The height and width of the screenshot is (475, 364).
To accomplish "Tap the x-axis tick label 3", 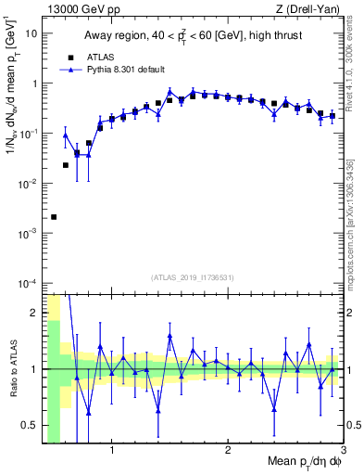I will click(342, 452).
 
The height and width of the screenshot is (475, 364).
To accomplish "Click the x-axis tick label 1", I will click(112, 452).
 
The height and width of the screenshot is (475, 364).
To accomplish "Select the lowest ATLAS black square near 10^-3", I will click(54, 217).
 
